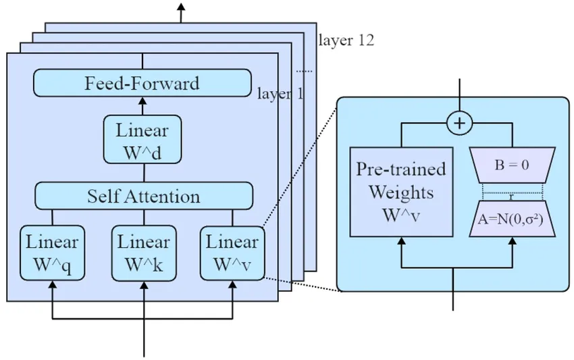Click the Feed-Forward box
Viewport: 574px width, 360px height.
142,84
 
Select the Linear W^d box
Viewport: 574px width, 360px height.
142,139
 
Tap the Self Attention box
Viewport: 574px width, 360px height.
143,196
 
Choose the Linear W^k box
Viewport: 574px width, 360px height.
142,252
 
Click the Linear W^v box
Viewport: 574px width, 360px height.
232,252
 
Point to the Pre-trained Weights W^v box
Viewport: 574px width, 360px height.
401,191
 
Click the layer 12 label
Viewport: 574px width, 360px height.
346,41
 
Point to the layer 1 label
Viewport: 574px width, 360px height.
280,93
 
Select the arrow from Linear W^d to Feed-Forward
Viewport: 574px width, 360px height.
142,105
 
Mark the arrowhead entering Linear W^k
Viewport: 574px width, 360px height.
142,286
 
